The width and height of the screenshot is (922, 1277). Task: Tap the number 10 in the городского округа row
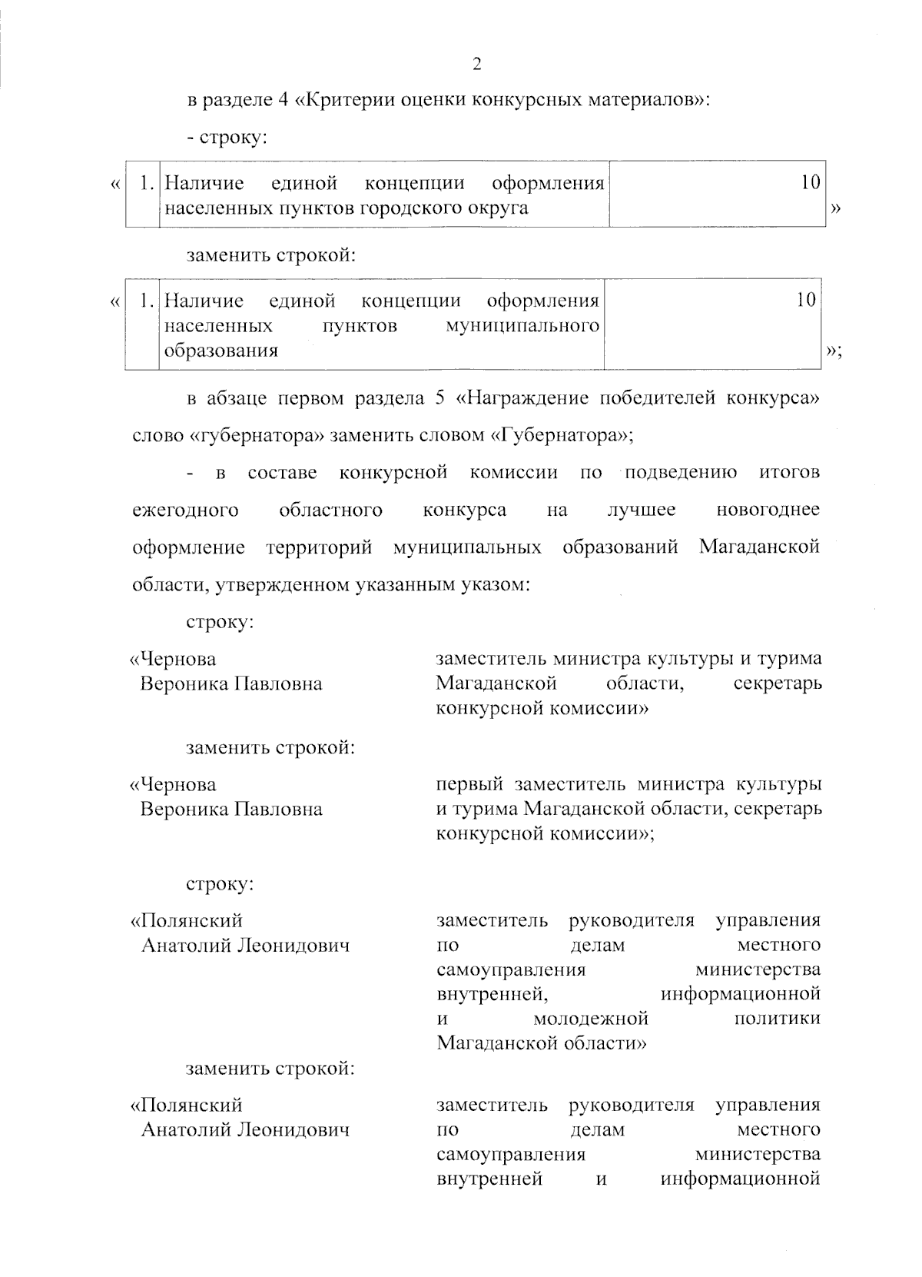(x=811, y=183)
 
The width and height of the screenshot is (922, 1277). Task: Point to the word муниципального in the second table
(x=522, y=326)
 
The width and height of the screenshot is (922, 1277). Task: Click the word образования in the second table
(x=221, y=351)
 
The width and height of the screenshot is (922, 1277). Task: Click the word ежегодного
(x=185, y=510)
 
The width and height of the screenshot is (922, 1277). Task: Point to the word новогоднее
(x=768, y=510)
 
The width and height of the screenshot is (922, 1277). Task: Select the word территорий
(x=319, y=548)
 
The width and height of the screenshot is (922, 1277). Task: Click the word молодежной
(x=591, y=1019)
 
